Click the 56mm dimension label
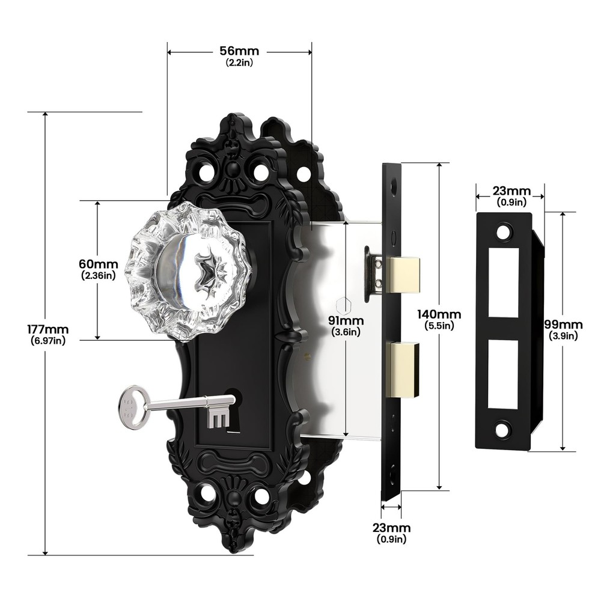(x=239, y=51)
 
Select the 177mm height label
(x=47, y=329)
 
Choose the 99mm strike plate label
(x=563, y=325)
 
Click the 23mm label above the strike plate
(x=510, y=191)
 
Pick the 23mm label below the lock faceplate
(x=391, y=528)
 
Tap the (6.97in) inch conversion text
(x=47, y=341)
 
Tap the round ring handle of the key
(x=133, y=407)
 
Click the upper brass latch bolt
(x=401, y=275)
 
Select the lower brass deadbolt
(x=401, y=370)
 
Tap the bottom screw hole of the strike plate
(x=502, y=430)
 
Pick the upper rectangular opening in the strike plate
(x=503, y=282)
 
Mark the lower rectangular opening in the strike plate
(x=502, y=374)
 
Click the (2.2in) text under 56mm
(x=239, y=63)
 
